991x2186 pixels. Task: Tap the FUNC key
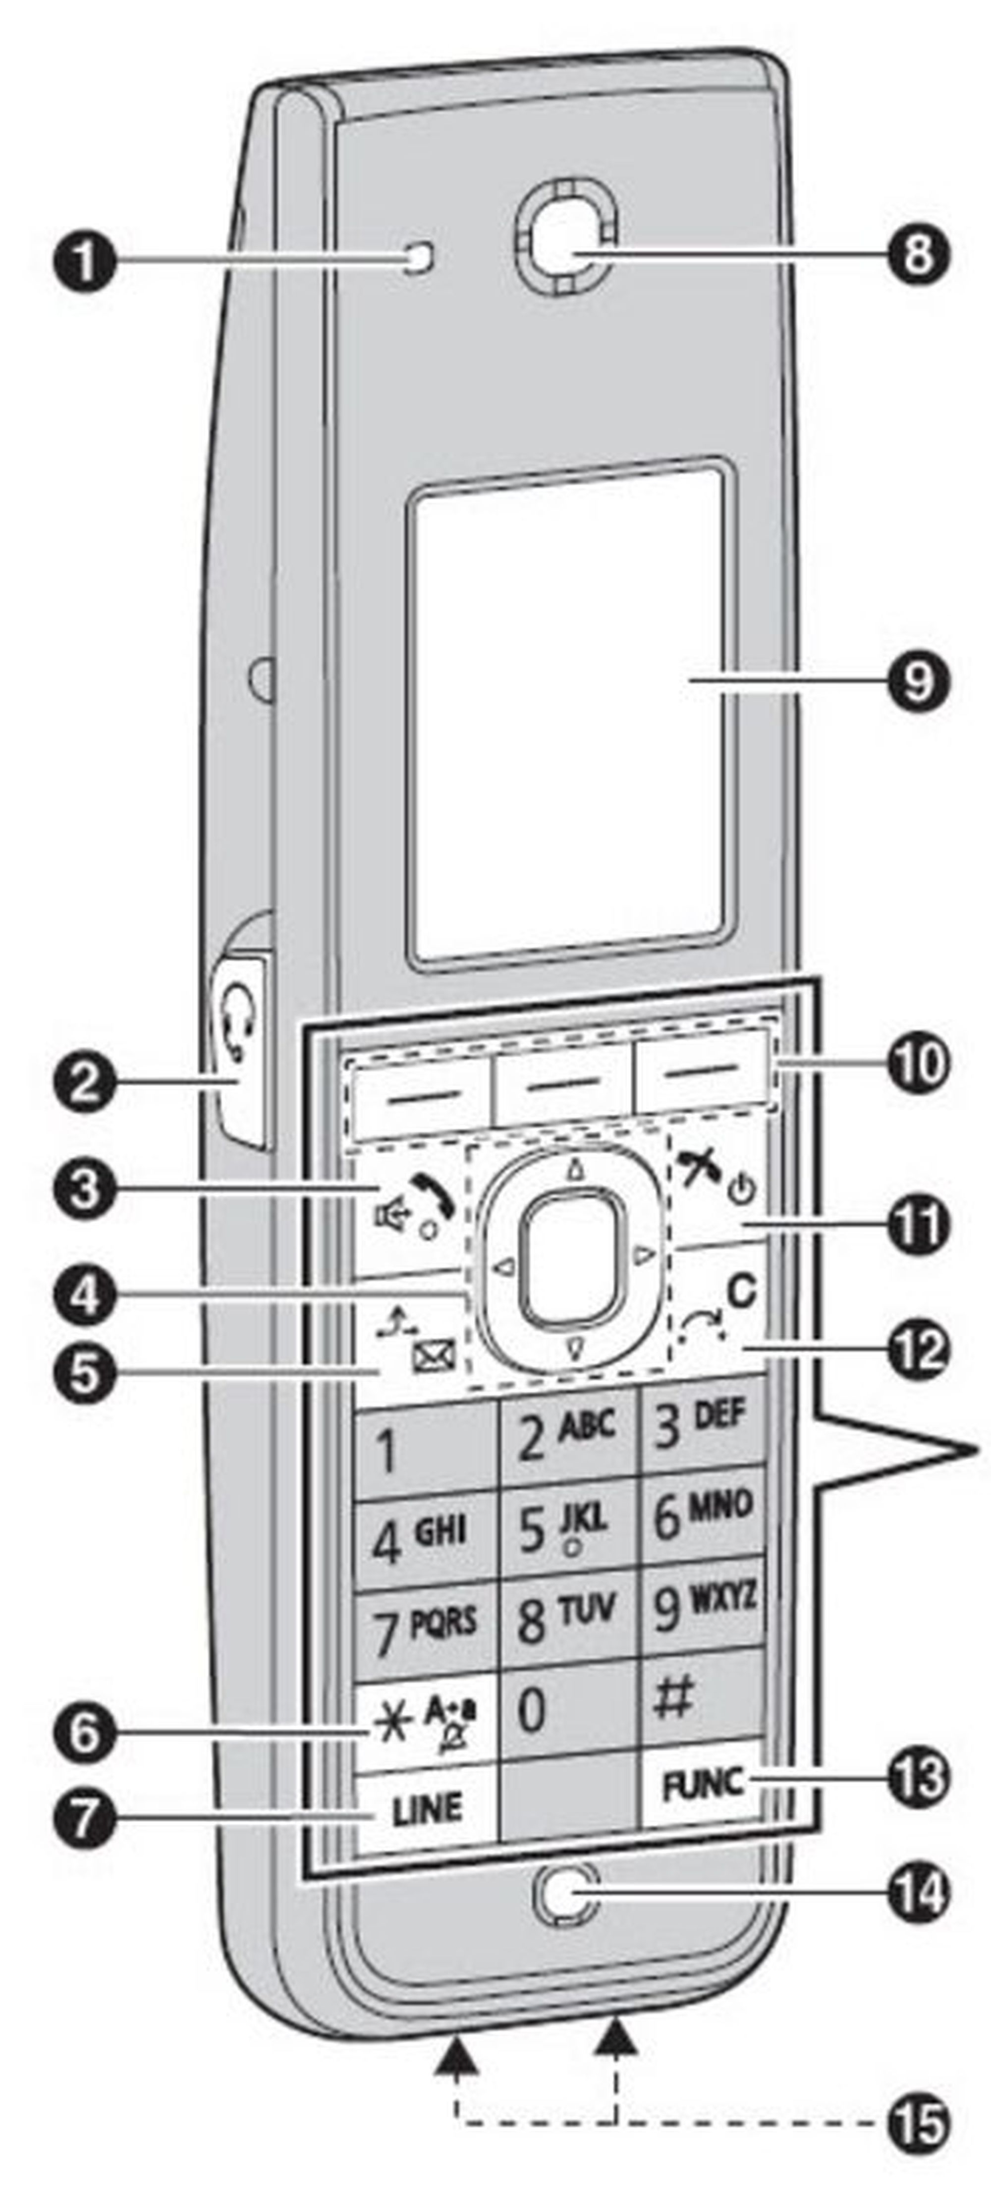[x=702, y=1783]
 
